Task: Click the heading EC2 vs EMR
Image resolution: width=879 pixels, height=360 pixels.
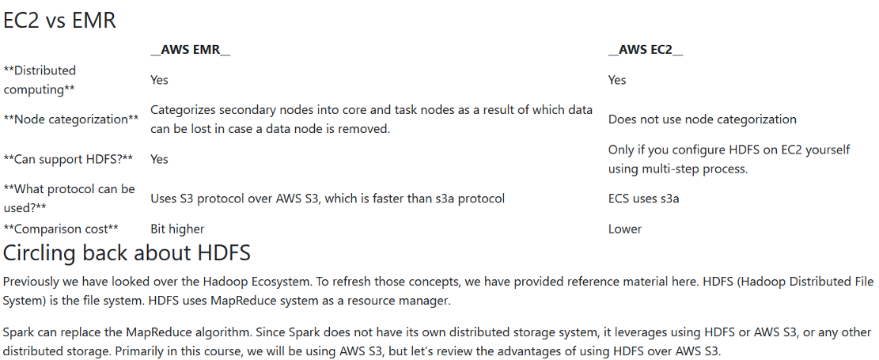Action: click(x=60, y=20)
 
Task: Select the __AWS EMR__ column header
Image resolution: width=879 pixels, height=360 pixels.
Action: click(x=190, y=50)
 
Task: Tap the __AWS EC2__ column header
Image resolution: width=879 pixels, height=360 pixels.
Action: click(x=646, y=50)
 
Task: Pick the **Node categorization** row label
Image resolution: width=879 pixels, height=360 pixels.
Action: click(x=71, y=119)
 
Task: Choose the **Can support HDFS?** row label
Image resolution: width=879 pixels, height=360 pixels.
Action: click(x=68, y=159)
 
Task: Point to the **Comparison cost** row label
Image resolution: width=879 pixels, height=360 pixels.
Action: click(x=61, y=229)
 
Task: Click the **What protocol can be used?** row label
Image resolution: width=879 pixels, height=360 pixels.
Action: click(x=69, y=198)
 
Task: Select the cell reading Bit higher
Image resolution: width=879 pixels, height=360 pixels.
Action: click(x=177, y=229)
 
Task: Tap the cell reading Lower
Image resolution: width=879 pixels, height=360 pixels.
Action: click(x=625, y=229)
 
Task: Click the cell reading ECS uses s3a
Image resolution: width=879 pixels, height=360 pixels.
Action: click(x=643, y=198)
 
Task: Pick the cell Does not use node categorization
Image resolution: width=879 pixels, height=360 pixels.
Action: click(x=702, y=119)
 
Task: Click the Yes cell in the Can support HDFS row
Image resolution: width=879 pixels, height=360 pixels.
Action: click(x=159, y=159)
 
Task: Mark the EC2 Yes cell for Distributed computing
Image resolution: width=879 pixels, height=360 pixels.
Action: click(x=617, y=80)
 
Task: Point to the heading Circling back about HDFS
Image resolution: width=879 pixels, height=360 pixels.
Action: click(x=127, y=253)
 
